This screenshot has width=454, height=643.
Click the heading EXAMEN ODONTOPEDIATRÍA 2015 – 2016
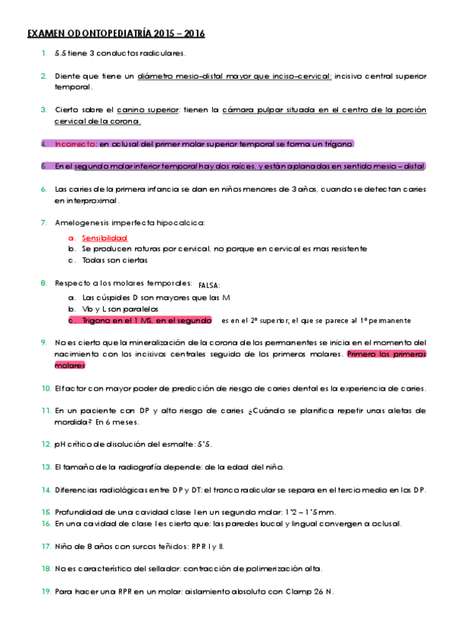(x=116, y=34)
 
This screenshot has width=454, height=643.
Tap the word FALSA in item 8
(x=208, y=286)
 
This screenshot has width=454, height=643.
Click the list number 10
(x=45, y=388)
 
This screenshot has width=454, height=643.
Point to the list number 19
(x=45, y=591)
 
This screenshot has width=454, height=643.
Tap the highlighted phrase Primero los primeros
(x=386, y=354)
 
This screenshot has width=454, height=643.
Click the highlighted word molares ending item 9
(x=70, y=365)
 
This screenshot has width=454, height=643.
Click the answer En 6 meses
(x=96, y=422)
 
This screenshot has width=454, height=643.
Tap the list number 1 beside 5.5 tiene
(x=44, y=53)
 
